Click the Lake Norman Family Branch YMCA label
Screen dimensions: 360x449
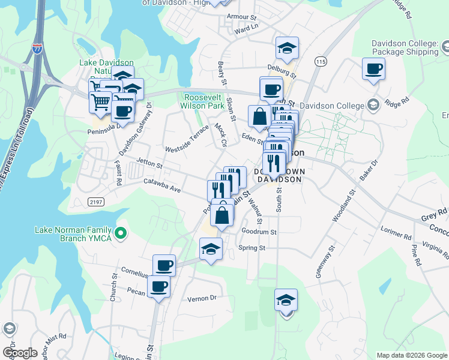(x=73, y=233)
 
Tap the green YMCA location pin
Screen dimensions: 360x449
(x=121, y=233)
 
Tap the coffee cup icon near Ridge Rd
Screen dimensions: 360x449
(x=373, y=69)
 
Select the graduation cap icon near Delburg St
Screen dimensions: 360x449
(x=287, y=49)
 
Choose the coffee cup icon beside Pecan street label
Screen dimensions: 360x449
(x=158, y=286)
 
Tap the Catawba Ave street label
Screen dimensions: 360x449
(x=161, y=185)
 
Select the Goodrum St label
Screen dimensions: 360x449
(x=258, y=231)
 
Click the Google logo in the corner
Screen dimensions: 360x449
(x=20, y=353)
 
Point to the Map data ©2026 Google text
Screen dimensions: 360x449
(x=411, y=355)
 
